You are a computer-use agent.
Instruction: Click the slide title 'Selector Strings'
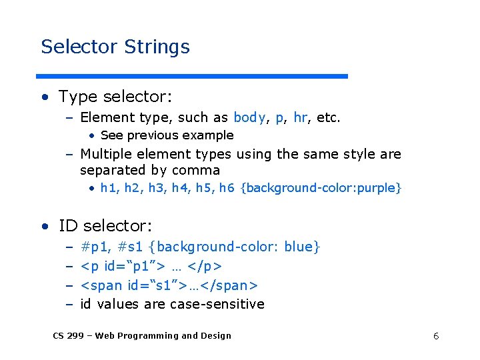tap(115, 47)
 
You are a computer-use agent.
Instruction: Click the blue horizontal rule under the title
tap(193, 76)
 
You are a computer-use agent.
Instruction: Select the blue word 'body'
tap(249, 118)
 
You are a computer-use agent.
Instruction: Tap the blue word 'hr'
tap(300, 118)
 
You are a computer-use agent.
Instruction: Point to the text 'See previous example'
tap(167, 135)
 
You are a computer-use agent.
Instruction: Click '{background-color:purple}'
tap(321, 188)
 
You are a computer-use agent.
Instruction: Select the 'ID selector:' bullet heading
tap(105, 226)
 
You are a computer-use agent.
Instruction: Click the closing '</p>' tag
tap(205, 267)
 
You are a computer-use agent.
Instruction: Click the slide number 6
tap(436, 336)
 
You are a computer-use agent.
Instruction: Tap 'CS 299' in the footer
tap(68, 336)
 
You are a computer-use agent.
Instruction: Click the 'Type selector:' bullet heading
tap(115, 97)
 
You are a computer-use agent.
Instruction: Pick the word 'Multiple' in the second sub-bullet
tap(109, 155)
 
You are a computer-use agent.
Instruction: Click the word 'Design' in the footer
tap(215, 336)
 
